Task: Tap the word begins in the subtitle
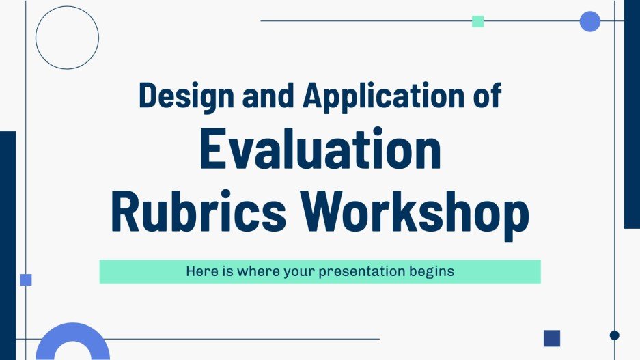pyautogui.click(x=431, y=271)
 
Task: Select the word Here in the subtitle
pyautogui.click(x=199, y=271)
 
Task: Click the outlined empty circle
pyautogui.click(x=67, y=38)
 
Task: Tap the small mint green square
pyautogui.click(x=478, y=21)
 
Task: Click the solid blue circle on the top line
pyautogui.click(x=589, y=21)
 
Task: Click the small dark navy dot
pyautogui.click(x=614, y=335)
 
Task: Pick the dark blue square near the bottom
pyautogui.click(x=551, y=338)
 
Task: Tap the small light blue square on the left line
pyautogui.click(x=26, y=279)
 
